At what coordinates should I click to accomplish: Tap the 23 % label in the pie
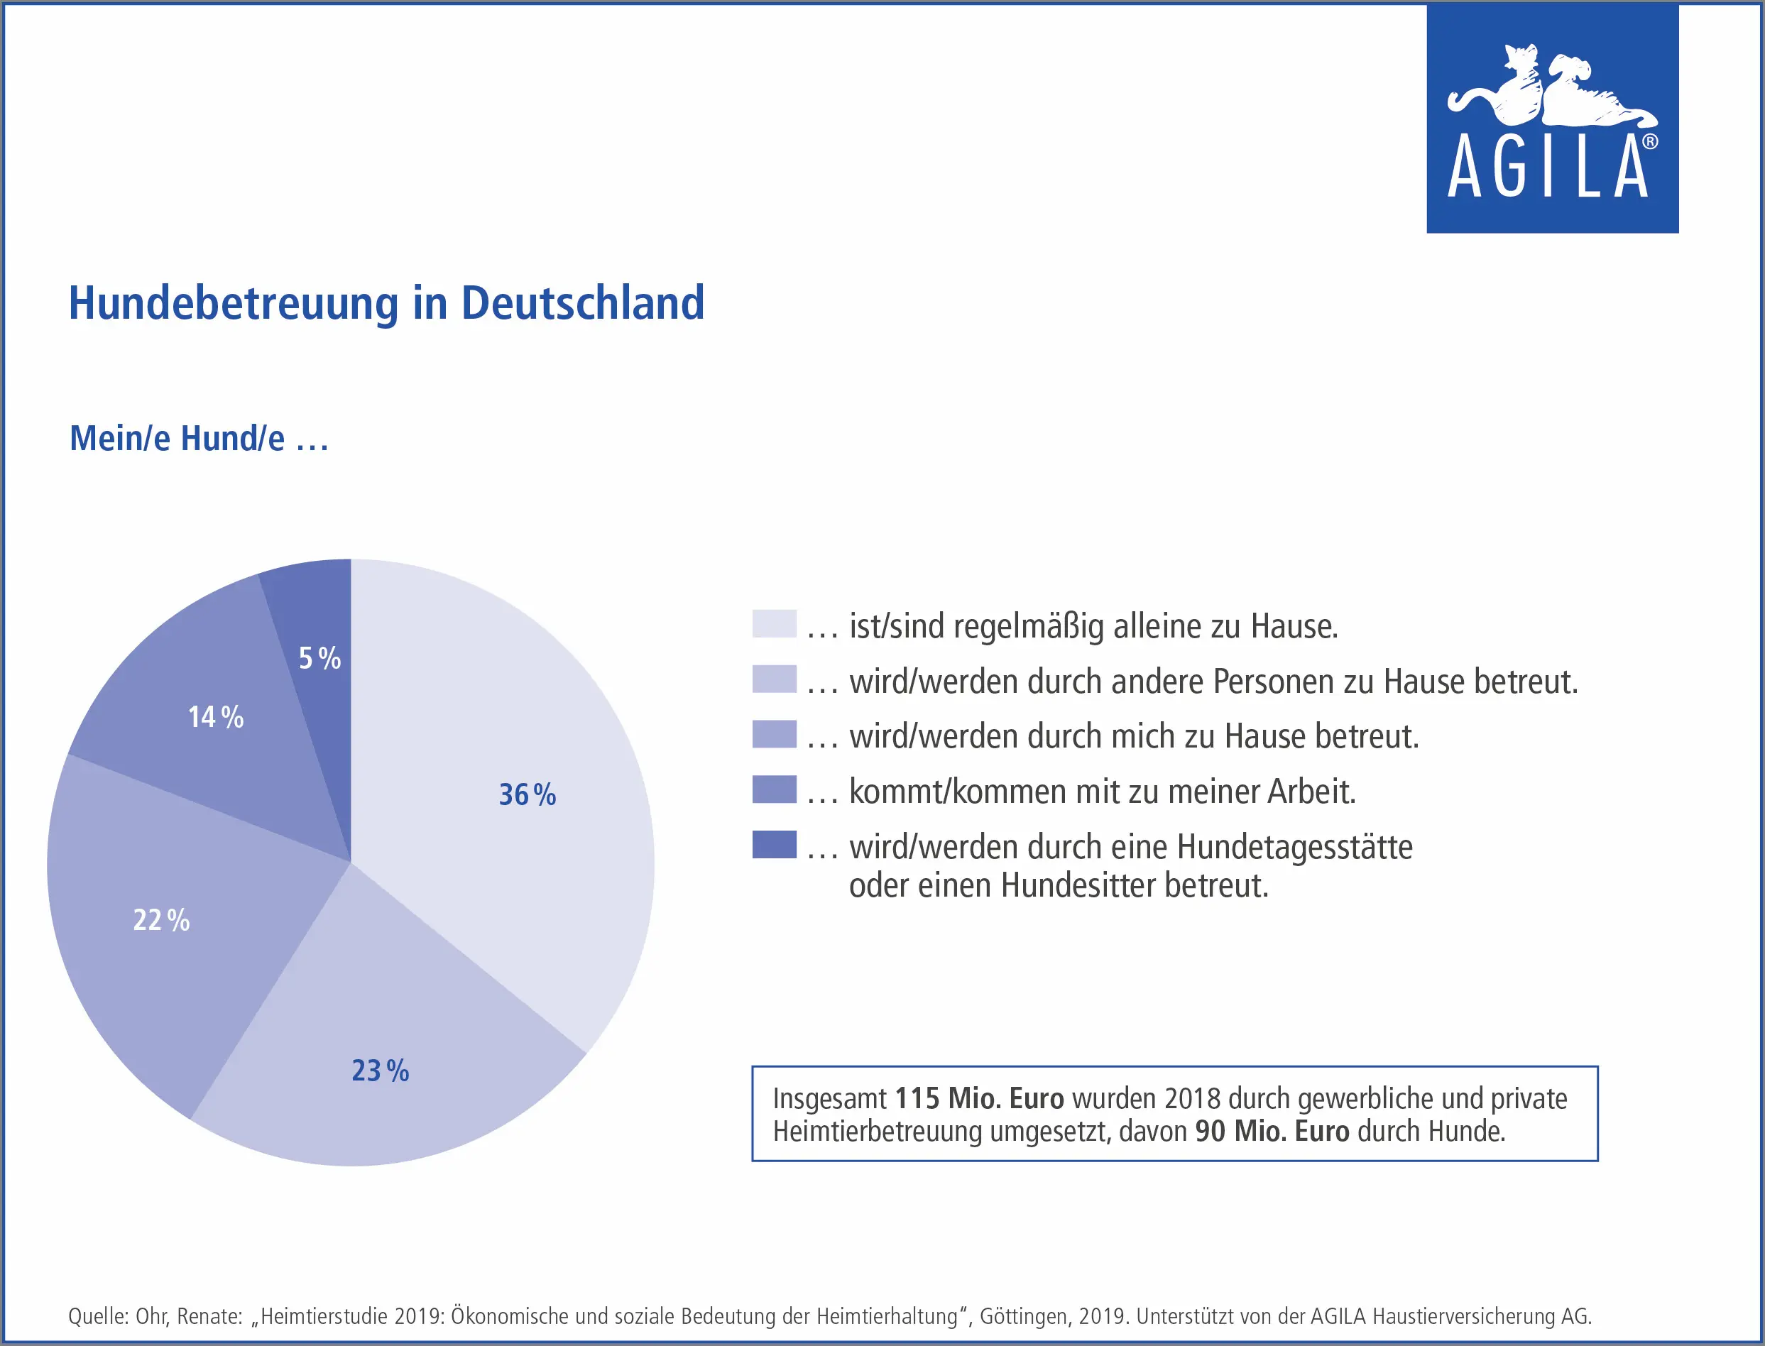pos(381,1071)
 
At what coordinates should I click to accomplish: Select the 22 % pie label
pos(161,920)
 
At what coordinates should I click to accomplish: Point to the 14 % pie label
pos(216,716)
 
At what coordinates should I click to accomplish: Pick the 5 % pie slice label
pos(319,658)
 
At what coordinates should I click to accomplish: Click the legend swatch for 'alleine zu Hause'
pos(774,623)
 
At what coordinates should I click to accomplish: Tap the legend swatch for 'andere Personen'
pos(774,679)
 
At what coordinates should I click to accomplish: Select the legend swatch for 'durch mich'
pos(774,734)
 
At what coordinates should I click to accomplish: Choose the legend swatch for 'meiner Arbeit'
pos(774,789)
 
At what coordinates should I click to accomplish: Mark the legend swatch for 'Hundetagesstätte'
pos(774,845)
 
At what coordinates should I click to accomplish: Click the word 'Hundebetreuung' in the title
pos(233,303)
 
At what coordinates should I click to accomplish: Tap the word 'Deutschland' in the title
pos(582,303)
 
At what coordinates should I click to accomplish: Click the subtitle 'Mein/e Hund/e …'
pos(199,438)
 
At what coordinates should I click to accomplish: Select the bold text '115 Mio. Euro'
pos(979,1098)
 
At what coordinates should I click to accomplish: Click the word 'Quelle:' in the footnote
pos(99,1316)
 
